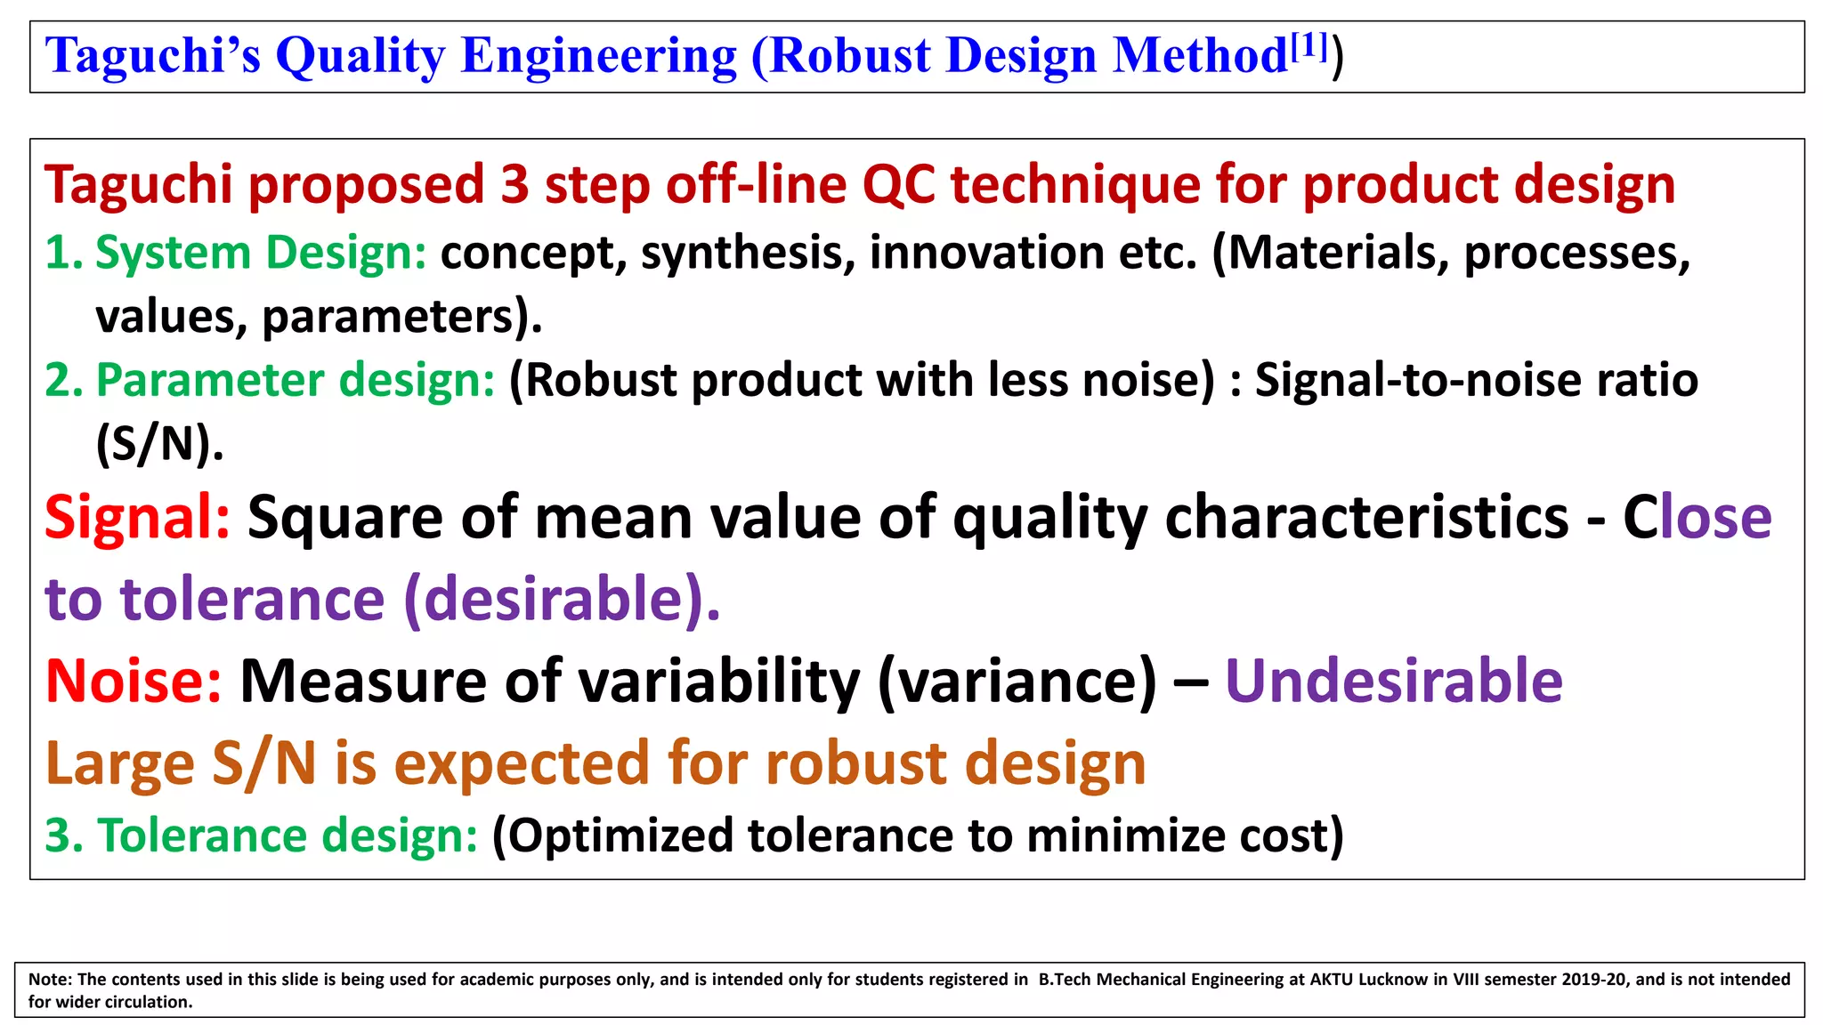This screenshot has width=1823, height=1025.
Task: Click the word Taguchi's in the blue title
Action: [152, 56]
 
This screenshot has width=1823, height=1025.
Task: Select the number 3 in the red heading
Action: [514, 185]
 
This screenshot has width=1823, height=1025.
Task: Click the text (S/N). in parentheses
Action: [159, 443]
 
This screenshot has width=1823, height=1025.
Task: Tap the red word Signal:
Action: [137, 517]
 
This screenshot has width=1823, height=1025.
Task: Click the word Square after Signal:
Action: [345, 517]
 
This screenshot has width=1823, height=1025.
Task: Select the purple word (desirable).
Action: [561, 599]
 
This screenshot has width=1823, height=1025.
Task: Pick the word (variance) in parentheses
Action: [1017, 681]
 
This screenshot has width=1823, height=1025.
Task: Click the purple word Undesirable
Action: [1394, 681]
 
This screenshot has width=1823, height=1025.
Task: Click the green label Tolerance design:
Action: [261, 835]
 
